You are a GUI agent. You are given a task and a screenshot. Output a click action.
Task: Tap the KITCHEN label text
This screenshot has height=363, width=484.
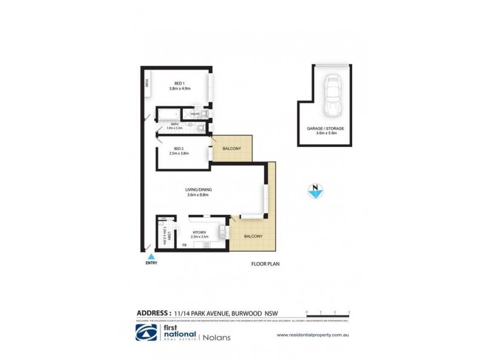pos(199,233)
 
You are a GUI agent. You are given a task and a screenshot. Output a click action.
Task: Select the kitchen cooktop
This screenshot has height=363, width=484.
pos(206,245)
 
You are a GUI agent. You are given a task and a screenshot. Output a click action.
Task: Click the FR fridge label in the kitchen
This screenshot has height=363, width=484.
pos(185,245)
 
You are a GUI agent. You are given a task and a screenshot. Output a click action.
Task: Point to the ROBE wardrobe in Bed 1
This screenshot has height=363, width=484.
pos(146,87)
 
